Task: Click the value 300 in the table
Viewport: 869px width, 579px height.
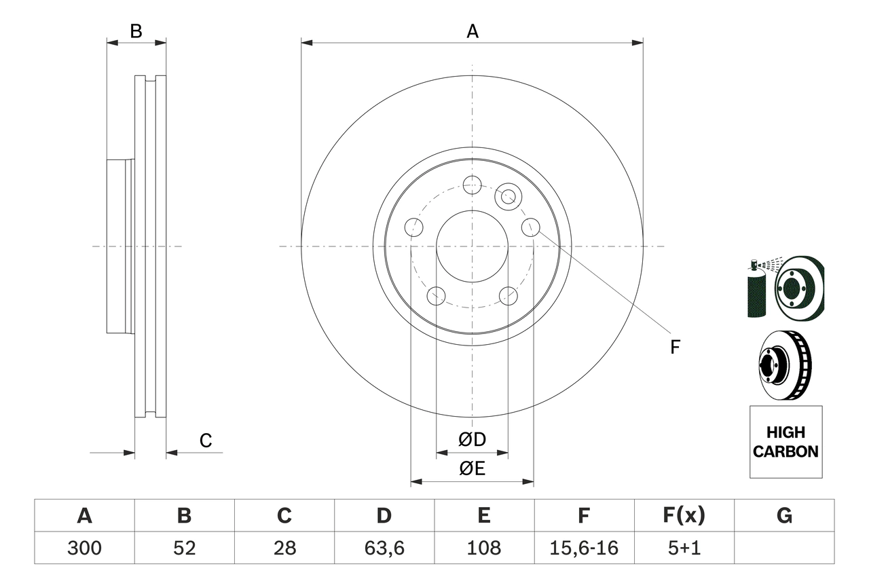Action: pyautogui.click(x=84, y=548)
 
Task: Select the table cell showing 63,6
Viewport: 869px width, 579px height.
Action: pyautogui.click(x=384, y=548)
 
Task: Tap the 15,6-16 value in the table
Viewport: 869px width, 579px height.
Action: pyautogui.click(x=584, y=548)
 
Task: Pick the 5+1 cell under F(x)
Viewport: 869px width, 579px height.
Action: pyautogui.click(x=684, y=548)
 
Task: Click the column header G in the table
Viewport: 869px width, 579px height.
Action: pyautogui.click(x=784, y=516)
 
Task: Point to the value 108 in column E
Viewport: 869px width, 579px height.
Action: pyautogui.click(x=484, y=548)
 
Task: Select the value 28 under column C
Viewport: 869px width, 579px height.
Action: pyautogui.click(x=284, y=548)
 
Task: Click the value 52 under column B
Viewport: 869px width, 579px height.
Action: pyautogui.click(x=184, y=548)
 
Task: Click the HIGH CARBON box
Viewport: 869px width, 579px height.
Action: pyautogui.click(x=785, y=442)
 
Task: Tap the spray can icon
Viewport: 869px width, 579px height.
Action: pyautogui.click(x=755, y=291)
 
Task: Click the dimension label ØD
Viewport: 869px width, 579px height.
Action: pyautogui.click(x=473, y=440)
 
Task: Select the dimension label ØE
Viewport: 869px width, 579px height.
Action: pyautogui.click(x=473, y=469)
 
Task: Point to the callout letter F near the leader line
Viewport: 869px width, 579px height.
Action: pyautogui.click(x=675, y=347)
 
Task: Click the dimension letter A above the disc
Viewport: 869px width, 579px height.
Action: pyautogui.click(x=473, y=31)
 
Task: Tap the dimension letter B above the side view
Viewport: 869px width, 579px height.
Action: pyautogui.click(x=136, y=31)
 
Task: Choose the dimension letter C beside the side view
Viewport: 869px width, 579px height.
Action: pyautogui.click(x=206, y=441)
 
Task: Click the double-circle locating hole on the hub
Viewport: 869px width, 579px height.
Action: pyautogui.click(x=506, y=197)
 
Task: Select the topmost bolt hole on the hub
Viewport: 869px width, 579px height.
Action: pyautogui.click(x=472, y=185)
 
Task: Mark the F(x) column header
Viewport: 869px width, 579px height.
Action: pyautogui.click(x=684, y=516)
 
